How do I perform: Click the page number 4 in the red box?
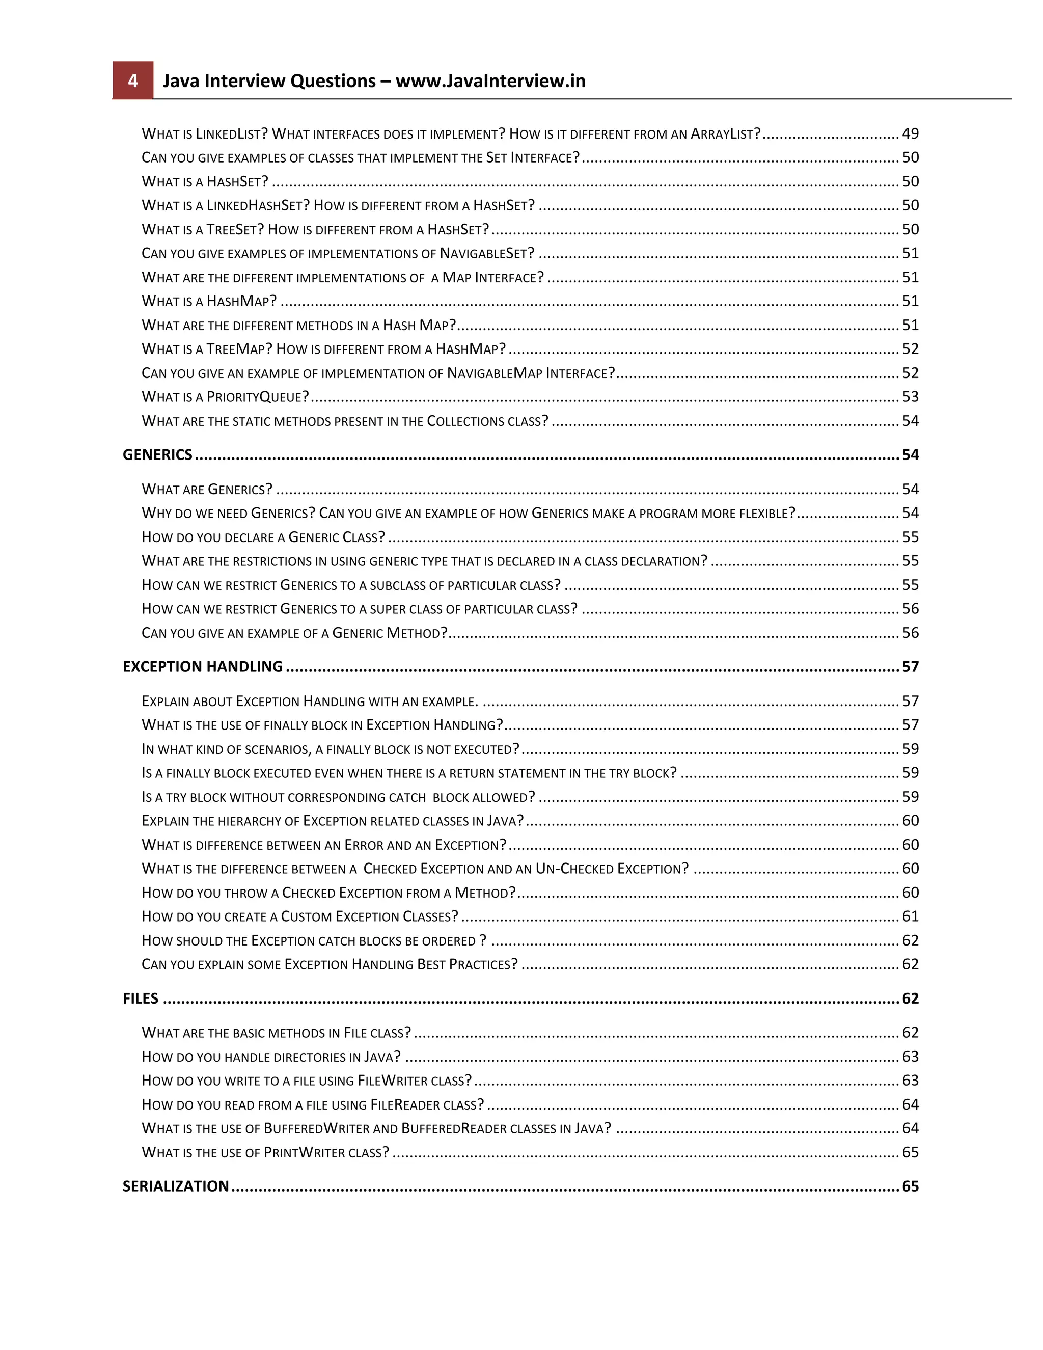click(x=132, y=81)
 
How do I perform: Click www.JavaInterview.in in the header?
click(x=490, y=81)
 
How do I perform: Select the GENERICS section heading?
click(x=157, y=455)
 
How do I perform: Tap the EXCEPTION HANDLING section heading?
click(x=203, y=667)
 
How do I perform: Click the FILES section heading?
click(x=140, y=999)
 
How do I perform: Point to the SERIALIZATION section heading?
click(x=176, y=1186)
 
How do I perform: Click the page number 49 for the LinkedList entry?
click(x=910, y=133)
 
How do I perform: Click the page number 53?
click(x=910, y=397)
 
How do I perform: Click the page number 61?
click(x=910, y=916)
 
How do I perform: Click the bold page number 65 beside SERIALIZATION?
click(x=910, y=1186)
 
